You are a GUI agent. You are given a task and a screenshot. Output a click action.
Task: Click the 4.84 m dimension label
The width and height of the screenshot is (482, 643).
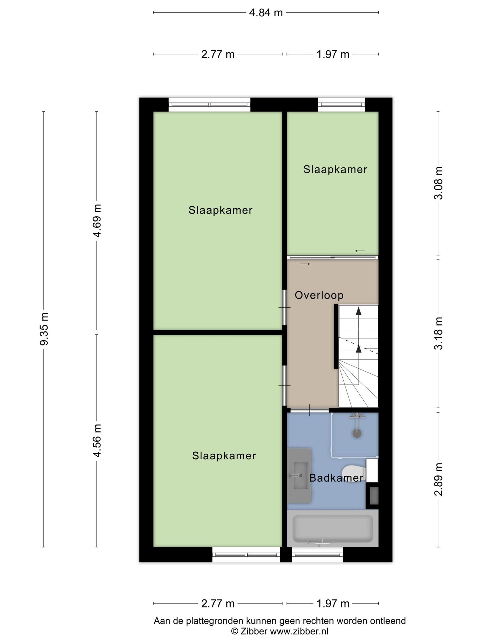click(266, 13)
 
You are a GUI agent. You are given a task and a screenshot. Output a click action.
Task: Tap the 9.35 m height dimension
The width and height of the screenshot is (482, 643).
click(44, 329)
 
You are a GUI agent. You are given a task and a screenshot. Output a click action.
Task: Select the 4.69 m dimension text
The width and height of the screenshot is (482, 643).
click(97, 220)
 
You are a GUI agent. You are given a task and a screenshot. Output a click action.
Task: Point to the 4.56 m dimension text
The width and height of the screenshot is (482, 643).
click(97, 440)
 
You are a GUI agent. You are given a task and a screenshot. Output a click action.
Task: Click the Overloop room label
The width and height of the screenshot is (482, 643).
click(319, 295)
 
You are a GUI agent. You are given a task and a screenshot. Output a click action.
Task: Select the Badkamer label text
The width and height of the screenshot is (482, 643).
click(336, 478)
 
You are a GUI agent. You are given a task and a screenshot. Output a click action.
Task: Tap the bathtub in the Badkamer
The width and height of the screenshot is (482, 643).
click(333, 528)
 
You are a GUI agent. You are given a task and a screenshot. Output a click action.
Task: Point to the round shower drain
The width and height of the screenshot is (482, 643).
click(357, 434)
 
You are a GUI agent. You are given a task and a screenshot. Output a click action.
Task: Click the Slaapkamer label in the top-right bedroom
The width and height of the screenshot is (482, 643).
click(335, 170)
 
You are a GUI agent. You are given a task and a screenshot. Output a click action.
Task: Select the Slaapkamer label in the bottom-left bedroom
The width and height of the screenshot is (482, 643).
click(224, 456)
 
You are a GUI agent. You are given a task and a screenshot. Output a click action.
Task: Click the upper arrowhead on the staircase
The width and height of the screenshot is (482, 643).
click(358, 311)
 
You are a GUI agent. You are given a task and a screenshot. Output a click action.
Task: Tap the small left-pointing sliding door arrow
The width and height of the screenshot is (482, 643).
click(360, 251)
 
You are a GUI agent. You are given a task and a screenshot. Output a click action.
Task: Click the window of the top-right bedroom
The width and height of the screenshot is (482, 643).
click(341, 105)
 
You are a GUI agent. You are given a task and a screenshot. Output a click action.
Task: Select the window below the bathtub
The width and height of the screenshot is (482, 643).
click(317, 555)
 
